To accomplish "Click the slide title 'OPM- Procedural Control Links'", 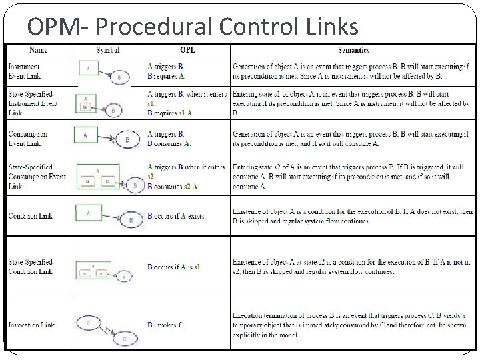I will pyautogui.click(x=193, y=26).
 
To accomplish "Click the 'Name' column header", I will pyautogui.click(x=38, y=50).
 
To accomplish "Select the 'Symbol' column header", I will pyautogui.click(x=107, y=50).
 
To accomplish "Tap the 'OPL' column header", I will pyautogui.click(x=187, y=50).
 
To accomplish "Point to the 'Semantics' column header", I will pyautogui.click(x=353, y=50).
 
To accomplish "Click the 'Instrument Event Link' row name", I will pyautogui.click(x=24, y=71).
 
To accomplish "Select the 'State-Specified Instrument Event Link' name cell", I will pyautogui.click(x=33, y=103).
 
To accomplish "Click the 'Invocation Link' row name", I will pyautogui.click(x=31, y=325).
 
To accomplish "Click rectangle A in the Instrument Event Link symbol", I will pyautogui.click(x=88, y=67).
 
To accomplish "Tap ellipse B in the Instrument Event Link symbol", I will pyautogui.click(x=119, y=77).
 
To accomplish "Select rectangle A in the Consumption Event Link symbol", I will pyautogui.click(x=86, y=135).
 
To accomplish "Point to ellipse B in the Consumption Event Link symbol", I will pyautogui.click(x=127, y=140).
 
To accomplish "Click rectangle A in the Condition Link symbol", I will pyautogui.click(x=89, y=212).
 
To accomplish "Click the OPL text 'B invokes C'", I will pyautogui.click(x=165, y=325).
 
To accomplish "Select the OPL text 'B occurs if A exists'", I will pyautogui.click(x=176, y=217).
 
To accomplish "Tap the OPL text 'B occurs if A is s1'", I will pyautogui.click(x=173, y=267).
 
